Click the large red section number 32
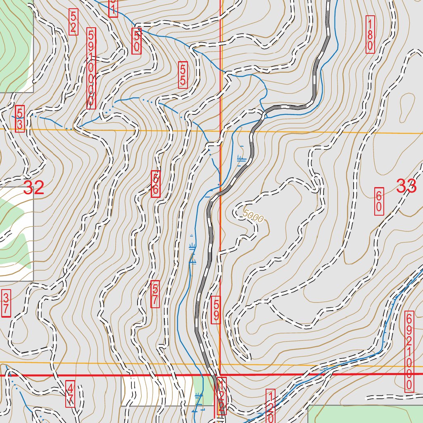(x=33, y=188)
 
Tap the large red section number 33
(x=406, y=186)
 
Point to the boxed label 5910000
(x=91, y=69)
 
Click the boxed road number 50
(x=137, y=41)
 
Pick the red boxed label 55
(x=183, y=75)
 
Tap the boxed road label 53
(x=20, y=119)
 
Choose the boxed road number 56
(x=156, y=184)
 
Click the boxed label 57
(x=155, y=294)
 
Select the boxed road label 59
(x=216, y=310)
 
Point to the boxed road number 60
(x=379, y=201)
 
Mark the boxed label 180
(x=370, y=35)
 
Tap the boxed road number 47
(x=71, y=394)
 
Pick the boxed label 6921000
(x=409, y=352)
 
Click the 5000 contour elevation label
(x=253, y=216)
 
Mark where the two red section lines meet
(x=220, y=375)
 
